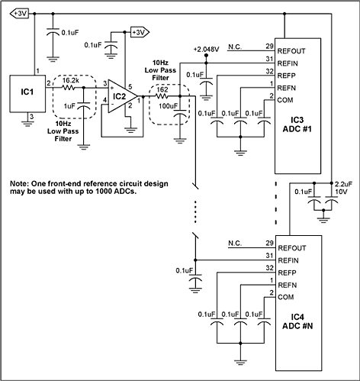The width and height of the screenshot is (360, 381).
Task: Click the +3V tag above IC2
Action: [x=140, y=31]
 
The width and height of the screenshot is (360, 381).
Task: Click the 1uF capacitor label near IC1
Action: [x=69, y=105]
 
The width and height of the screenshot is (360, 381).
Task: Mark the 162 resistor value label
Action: [x=161, y=89]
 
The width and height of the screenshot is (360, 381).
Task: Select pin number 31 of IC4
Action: [x=269, y=254]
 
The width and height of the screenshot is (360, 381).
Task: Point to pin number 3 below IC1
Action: [x=28, y=116]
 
